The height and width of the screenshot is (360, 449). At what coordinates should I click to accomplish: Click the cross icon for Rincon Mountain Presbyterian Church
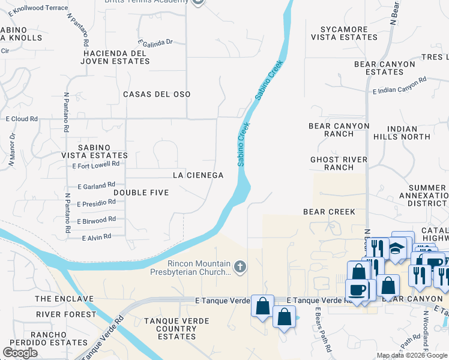coord(240,266)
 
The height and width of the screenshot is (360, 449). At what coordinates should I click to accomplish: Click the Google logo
coord(20,353)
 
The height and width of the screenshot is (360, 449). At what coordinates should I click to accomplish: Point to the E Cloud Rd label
coord(22,119)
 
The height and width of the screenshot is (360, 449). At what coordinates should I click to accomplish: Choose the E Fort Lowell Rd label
coord(95,164)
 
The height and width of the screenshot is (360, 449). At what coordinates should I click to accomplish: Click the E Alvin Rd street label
coord(97,237)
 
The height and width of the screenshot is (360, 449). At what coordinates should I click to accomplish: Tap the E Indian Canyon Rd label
coord(399,86)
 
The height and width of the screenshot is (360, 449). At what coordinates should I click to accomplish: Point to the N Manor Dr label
coord(11,149)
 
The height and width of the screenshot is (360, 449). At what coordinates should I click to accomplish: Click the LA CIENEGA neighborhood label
coord(198,175)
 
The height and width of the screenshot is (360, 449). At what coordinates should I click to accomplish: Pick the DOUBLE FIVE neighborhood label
coord(140,192)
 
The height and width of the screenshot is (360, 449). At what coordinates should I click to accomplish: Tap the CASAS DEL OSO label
coord(157,94)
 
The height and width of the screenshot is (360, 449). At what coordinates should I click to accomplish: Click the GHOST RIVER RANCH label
coord(339,163)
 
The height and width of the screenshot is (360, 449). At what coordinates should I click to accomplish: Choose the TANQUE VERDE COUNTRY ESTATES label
coord(168,329)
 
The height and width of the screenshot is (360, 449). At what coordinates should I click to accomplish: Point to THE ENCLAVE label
coord(64,299)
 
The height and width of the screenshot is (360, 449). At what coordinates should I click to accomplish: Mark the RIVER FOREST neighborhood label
coord(65,314)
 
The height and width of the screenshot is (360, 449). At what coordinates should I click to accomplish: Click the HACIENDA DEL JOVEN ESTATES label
coord(115,57)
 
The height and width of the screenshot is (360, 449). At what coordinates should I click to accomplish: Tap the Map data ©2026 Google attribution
coord(411,355)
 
